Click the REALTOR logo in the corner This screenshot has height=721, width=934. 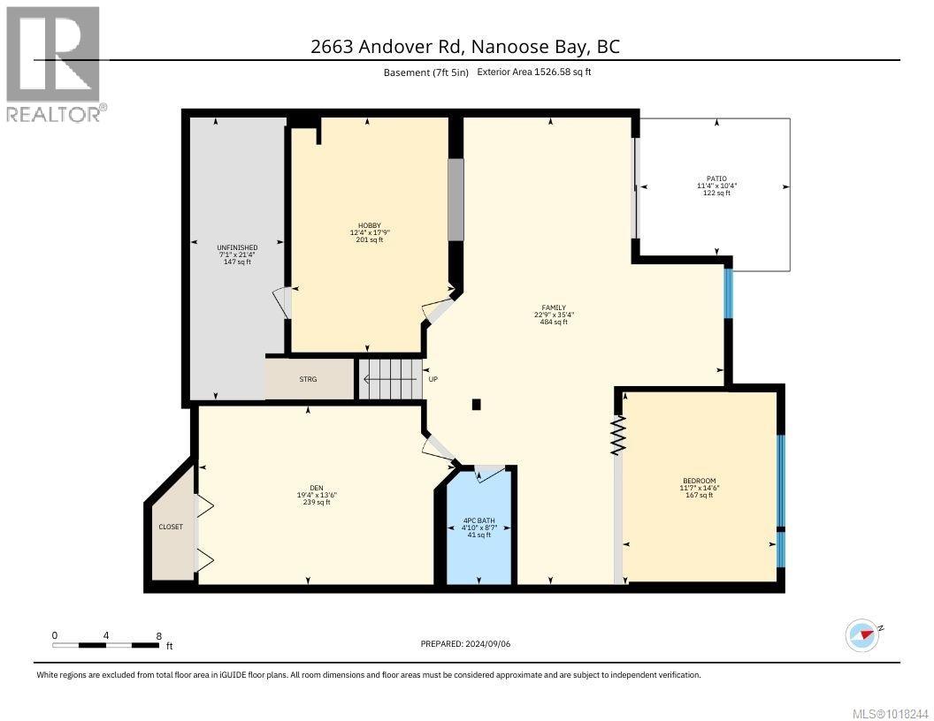click(x=53, y=63)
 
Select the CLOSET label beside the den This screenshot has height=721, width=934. click(x=171, y=527)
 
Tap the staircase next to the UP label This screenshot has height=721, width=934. click(x=389, y=379)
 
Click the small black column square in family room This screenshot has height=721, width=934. click(x=477, y=405)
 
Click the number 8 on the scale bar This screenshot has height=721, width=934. click(x=158, y=635)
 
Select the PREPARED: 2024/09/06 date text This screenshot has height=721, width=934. click(x=465, y=643)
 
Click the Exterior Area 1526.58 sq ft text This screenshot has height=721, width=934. click(x=533, y=72)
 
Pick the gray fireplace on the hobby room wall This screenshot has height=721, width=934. click(x=456, y=199)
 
